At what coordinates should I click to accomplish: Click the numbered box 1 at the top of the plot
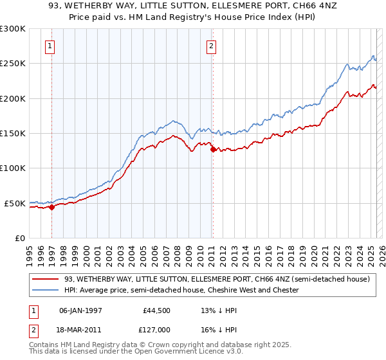(50, 46)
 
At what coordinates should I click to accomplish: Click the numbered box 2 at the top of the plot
(211, 46)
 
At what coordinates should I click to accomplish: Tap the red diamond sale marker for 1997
(51, 207)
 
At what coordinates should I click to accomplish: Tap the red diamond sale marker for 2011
(213, 150)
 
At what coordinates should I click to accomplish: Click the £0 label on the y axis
(19, 238)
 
